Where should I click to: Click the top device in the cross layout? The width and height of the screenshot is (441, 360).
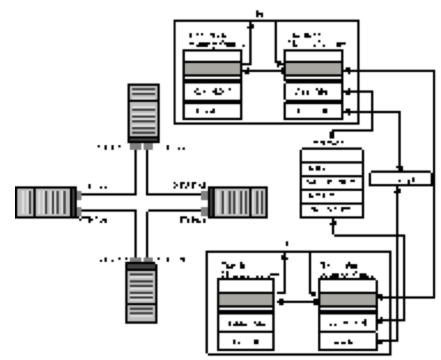(x=143, y=112)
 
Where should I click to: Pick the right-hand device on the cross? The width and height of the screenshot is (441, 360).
(x=237, y=202)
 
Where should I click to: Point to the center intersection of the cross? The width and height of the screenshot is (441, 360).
(x=142, y=202)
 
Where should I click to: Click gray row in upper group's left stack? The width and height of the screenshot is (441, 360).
(x=212, y=69)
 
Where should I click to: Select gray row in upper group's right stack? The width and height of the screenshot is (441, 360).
(x=314, y=69)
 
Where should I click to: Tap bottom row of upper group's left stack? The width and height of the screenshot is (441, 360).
(x=212, y=110)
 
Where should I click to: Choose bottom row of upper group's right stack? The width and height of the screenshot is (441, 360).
(x=314, y=110)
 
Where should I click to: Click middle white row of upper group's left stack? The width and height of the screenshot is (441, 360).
(x=212, y=91)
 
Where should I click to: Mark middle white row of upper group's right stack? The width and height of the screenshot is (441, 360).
(x=314, y=91)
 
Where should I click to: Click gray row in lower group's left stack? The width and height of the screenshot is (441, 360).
(x=245, y=300)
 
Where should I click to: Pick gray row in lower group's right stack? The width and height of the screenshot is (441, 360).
(x=348, y=300)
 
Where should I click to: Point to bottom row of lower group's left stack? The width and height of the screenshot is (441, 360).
(x=245, y=342)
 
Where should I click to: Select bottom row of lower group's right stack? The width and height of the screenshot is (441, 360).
(x=348, y=342)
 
